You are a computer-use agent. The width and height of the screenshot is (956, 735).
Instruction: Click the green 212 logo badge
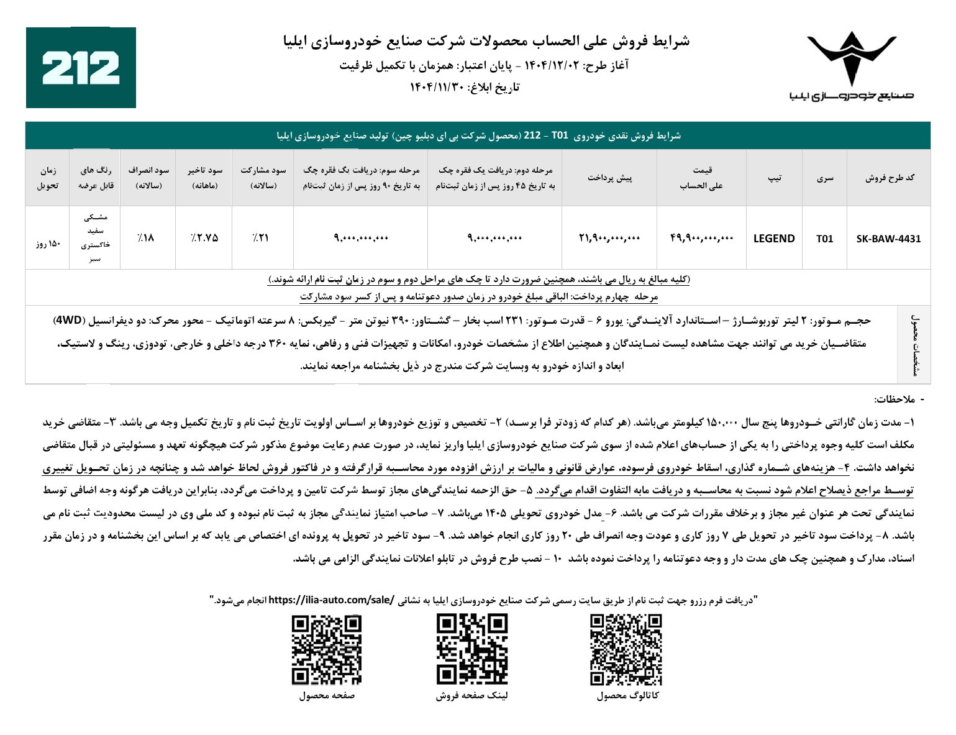point(81,68)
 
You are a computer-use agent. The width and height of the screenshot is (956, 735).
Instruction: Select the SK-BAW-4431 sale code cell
point(888,239)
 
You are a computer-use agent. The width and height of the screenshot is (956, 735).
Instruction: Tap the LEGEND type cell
point(773,239)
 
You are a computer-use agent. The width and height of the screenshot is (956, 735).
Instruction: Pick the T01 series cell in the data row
point(824,239)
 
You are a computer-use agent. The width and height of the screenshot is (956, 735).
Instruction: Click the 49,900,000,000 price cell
point(701,238)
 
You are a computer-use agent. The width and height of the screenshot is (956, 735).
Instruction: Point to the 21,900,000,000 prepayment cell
point(609,238)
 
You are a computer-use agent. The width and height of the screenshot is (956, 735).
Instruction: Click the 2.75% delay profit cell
point(204,238)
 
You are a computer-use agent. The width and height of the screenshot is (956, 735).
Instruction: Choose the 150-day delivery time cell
point(47,244)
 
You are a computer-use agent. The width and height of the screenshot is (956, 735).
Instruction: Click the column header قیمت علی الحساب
point(701,178)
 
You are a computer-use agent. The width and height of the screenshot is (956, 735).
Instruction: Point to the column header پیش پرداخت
point(609,178)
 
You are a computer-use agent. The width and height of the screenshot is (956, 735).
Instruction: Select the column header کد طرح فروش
point(890,178)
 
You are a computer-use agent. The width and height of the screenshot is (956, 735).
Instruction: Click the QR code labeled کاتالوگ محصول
point(626,649)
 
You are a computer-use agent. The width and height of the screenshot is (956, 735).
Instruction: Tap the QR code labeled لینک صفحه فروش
point(471,649)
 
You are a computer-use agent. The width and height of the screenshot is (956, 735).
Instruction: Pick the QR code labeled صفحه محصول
point(327,649)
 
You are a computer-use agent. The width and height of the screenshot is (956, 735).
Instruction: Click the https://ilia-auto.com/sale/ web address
point(331,600)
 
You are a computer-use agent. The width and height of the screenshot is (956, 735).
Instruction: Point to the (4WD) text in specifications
point(68,321)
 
